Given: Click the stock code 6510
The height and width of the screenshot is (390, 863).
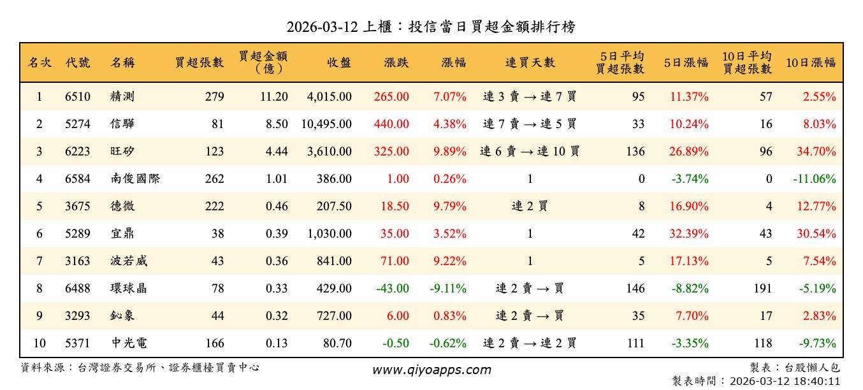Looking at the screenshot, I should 78,97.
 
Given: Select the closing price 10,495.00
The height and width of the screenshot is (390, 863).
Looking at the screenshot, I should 326,124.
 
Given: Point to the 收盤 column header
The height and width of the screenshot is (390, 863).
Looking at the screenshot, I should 339,62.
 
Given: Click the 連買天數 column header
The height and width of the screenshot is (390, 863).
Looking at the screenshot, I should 530,62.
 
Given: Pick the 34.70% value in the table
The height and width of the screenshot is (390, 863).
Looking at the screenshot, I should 816,152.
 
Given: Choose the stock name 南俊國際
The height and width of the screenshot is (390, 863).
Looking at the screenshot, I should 134,179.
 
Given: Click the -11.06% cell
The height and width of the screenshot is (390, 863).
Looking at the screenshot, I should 814,179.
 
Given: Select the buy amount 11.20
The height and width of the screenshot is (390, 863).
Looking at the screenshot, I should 275,97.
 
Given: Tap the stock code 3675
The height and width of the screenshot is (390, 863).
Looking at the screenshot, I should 78,206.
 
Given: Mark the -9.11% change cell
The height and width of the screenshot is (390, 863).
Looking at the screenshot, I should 448,289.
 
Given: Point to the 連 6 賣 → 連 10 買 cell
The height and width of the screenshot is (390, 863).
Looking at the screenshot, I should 530,152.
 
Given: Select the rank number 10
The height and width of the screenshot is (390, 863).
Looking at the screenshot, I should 40,343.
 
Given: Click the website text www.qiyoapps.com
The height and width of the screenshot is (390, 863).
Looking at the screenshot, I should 431,370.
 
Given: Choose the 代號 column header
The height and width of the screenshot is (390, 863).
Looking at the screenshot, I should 78,62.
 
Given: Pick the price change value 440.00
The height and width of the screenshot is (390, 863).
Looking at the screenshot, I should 393,124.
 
